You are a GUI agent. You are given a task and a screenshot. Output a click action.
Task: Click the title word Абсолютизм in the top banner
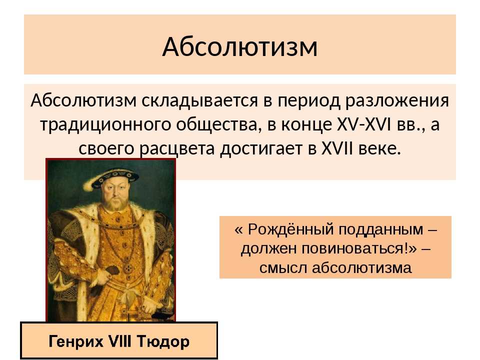(x=239, y=47)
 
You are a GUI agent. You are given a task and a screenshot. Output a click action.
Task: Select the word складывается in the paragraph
(x=200, y=100)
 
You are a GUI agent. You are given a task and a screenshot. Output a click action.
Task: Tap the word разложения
(x=397, y=101)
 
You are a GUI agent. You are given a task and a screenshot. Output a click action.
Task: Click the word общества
(x=219, y=125)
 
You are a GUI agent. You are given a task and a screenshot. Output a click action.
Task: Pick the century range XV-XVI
(x=364, y=124)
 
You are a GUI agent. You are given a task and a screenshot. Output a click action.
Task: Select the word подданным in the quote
(x=379, y=230)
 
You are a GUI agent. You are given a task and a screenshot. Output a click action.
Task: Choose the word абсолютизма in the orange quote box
(x=362, y=267)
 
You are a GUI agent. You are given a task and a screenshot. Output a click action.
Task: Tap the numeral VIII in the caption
(x=120, y=340)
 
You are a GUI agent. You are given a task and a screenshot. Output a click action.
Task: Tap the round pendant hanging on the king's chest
(x=127, y=269)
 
